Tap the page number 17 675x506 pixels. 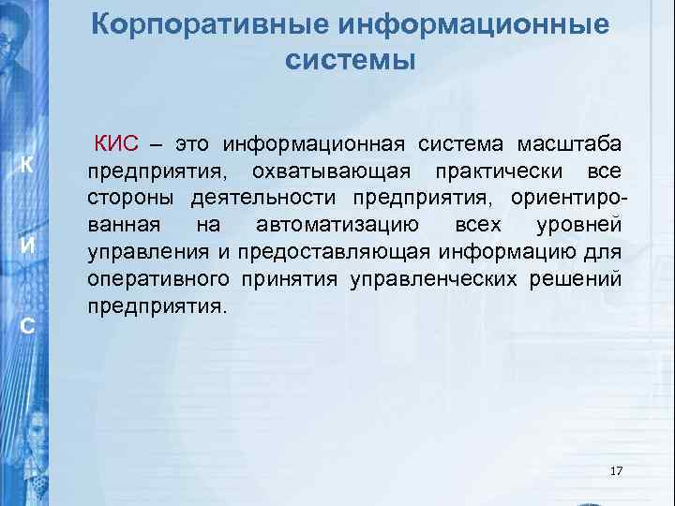coord(616,469)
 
